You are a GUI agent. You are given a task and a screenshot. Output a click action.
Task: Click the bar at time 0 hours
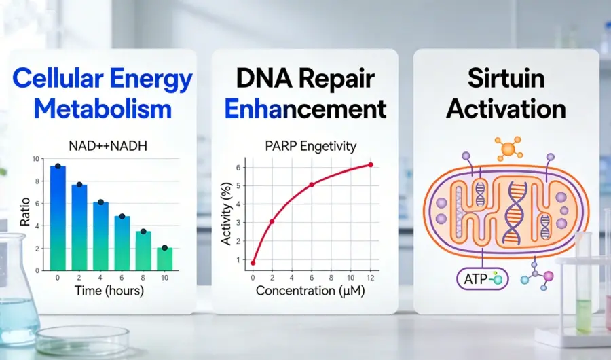[58, 218]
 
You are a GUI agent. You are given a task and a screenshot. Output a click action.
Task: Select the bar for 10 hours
[164, 259]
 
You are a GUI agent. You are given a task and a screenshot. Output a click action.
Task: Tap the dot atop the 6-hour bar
[122, 216]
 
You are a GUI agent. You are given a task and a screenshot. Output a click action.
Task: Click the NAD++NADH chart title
[108, 146]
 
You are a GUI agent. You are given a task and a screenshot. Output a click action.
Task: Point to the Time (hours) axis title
[109, 291]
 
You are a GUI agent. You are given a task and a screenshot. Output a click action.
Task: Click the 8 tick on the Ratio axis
[37, 181]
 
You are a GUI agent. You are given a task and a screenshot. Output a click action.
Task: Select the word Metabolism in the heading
[103, 109]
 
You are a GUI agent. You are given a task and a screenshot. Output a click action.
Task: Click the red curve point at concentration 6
[312, 185]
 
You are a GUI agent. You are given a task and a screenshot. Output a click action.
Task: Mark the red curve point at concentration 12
[371, 165]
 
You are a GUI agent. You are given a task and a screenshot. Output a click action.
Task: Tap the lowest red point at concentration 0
[253, 263]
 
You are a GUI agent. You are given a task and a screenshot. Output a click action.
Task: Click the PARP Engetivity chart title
[310, 146]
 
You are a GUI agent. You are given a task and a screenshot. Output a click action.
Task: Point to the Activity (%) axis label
[226, 214]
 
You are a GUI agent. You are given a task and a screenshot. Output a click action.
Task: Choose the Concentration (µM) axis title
[310, 291]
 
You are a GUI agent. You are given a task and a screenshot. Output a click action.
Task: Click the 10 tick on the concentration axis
[351, 278]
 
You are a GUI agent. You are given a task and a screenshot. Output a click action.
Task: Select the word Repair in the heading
[337, 79]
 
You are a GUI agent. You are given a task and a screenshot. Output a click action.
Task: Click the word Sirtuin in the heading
[506, 78]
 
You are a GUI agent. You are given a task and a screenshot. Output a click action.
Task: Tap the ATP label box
[483, 279]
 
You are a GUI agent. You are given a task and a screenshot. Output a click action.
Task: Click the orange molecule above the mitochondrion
[508, 148]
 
